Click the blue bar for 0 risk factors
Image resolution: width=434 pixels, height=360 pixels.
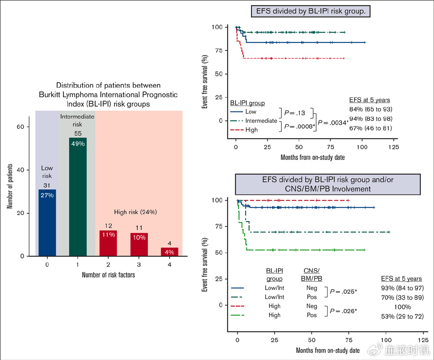tap(47, 223)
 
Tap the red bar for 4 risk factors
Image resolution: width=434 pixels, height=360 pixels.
tap(170, 252)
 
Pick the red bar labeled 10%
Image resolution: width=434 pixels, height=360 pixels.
tap(139, 244)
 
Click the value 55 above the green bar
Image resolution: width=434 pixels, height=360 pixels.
tap(78, 134)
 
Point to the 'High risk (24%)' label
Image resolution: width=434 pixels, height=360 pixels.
tap(136, 212)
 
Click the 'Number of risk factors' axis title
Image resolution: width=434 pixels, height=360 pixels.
tap(108, 275)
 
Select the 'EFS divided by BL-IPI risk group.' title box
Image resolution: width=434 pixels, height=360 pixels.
tap(311, 11)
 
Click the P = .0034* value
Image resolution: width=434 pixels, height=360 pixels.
tap(333, 123)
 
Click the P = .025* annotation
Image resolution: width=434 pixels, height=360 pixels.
tap(343, 292)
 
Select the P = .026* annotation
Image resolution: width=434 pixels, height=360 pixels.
tap(343, 311)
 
